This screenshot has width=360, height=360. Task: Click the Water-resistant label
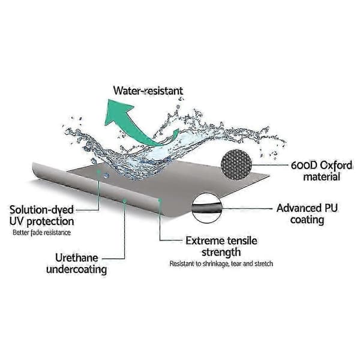[148, 91]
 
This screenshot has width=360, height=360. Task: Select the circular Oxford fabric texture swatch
[236, 164]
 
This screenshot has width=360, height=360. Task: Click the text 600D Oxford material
[322, 171]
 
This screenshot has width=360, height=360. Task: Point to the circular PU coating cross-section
[207, 208]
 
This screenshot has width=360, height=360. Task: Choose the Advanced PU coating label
[307, 214]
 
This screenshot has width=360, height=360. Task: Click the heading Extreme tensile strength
[221, 247]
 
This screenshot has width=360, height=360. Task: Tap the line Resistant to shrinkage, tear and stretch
[221, 263]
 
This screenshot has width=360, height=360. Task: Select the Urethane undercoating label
[76, 263]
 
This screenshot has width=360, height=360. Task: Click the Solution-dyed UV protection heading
[41, 215]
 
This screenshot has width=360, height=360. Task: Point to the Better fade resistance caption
[41, 233]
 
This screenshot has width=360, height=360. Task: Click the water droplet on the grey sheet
[106, 176]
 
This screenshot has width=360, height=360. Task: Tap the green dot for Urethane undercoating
[125, 201]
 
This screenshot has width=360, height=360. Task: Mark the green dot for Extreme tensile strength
[160, 200]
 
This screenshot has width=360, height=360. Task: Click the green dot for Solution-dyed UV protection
[99, 171]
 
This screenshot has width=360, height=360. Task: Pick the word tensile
[242, 241]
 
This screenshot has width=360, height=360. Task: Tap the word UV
[17, 221]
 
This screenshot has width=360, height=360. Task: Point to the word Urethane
[76, 258]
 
